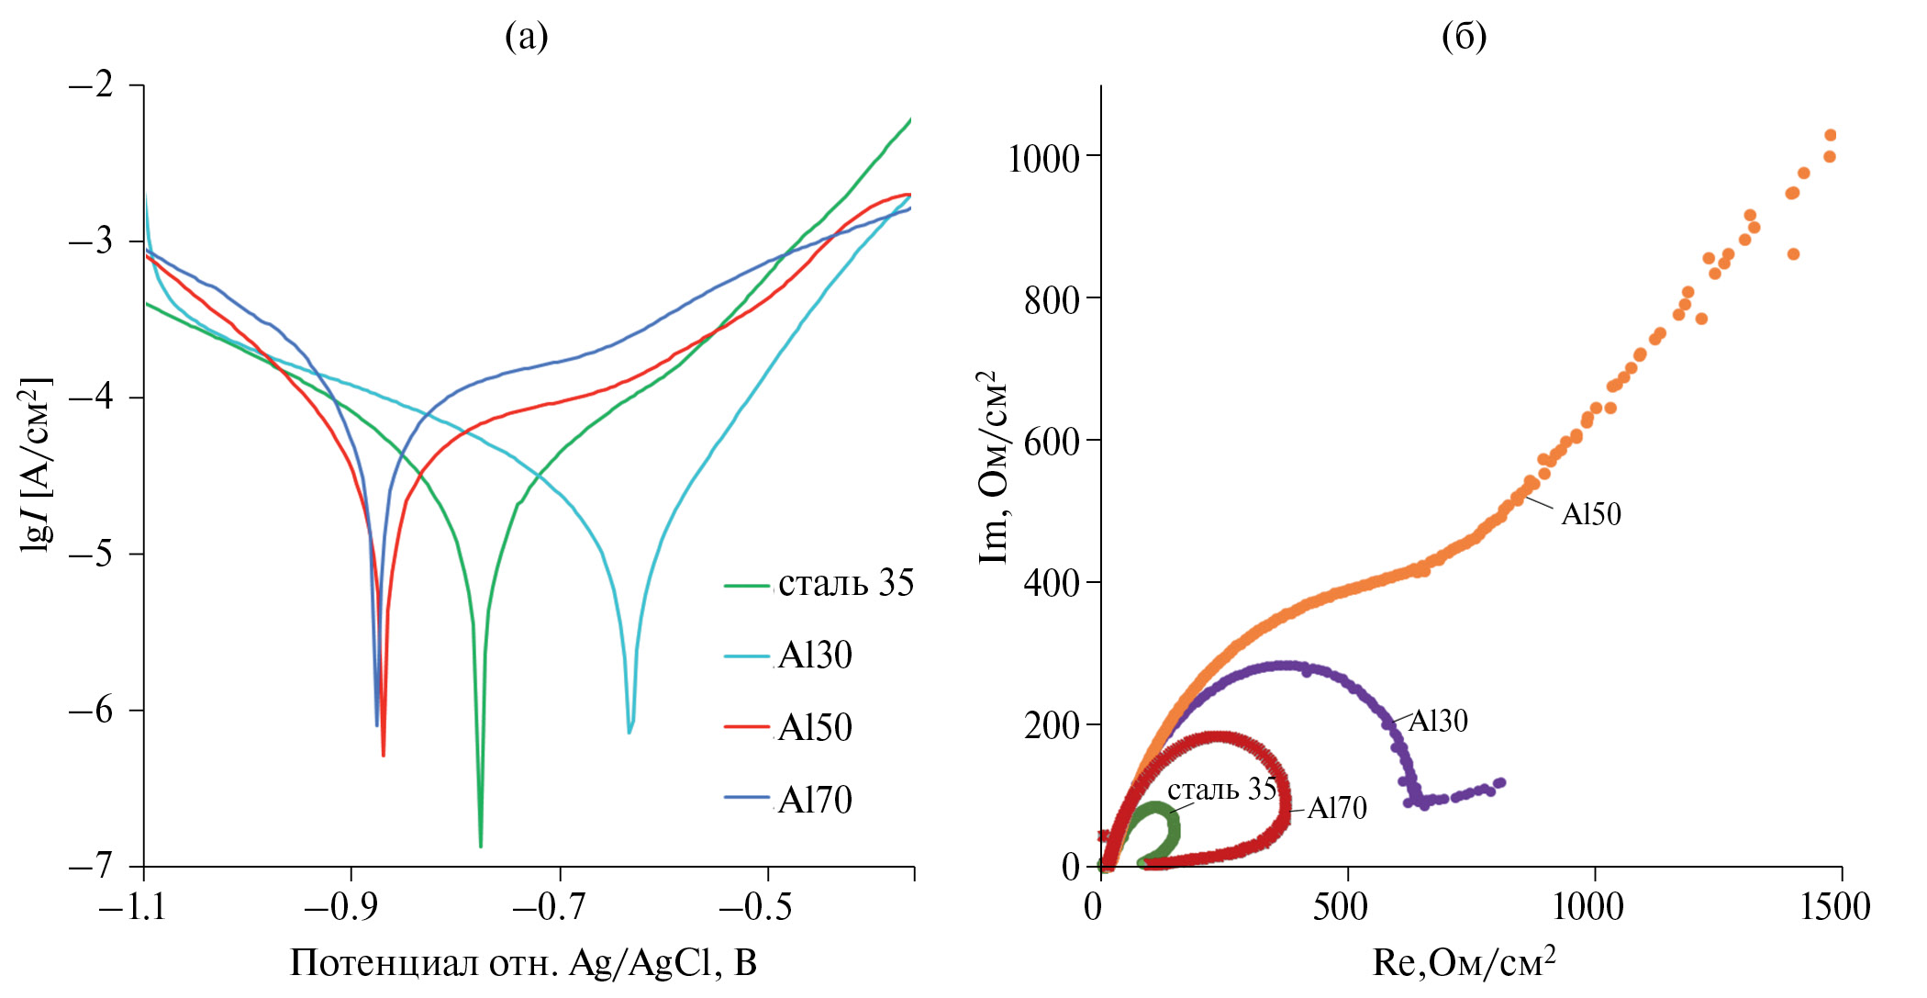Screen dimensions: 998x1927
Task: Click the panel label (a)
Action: tap(527, 37)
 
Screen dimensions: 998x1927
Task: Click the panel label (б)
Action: tap(1464, 37)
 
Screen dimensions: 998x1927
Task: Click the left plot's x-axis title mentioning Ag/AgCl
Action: tap(523, 963)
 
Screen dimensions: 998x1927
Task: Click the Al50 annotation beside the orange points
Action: tap(1591, 514)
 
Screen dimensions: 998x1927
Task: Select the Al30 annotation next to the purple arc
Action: tap(1438, 722)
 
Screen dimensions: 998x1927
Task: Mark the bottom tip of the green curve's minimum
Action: tap(480, 846)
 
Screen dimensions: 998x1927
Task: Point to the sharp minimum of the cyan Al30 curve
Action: tap(629, 732)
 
